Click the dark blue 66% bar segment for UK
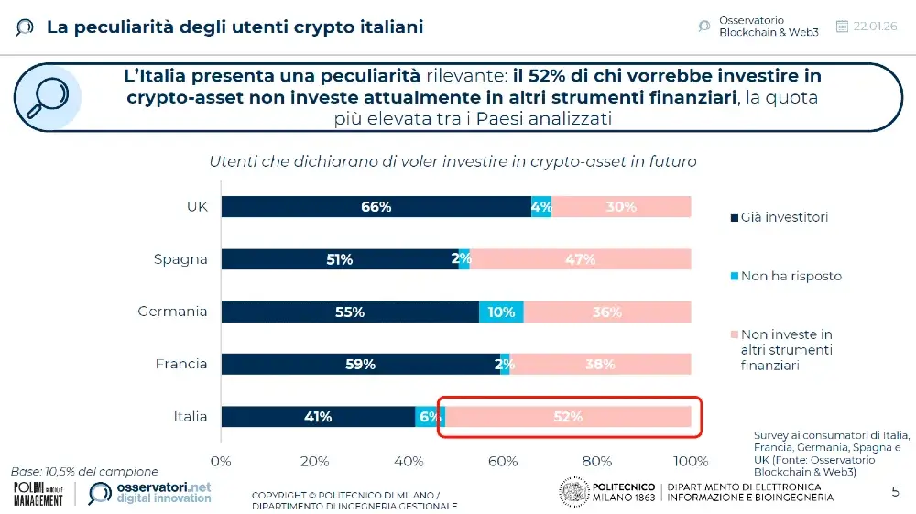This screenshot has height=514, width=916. click(376, 207)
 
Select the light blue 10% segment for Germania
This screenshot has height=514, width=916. click(501, 312)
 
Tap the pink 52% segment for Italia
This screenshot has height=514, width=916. click(568, 417)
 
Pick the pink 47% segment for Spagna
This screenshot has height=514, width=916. click(580, 259)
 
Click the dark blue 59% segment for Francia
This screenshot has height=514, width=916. click(360, 365)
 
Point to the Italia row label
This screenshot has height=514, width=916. click(191, 417)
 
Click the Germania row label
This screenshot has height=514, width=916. click(172, 312)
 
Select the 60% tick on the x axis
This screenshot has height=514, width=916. click(503, 460)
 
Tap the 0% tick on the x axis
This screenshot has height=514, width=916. click(222, 460)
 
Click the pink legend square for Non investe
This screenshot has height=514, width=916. click(733, 335)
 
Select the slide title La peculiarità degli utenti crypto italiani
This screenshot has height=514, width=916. click(234, 27)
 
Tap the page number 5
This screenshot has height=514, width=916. click(895, 492)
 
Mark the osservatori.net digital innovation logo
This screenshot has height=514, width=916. click(150, 493)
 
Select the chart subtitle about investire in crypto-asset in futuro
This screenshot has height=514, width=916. click(453, 161)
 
